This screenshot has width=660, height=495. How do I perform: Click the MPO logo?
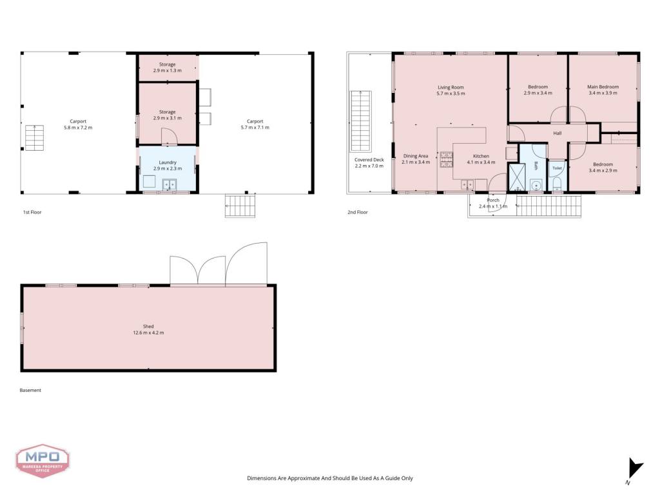coord(43,461)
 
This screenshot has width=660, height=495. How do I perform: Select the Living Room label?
coord(451,88)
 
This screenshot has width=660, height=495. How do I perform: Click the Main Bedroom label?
coord(603,87)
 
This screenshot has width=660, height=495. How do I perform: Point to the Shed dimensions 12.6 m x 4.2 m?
coord(148,333)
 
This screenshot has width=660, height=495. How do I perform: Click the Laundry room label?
coord(168,162)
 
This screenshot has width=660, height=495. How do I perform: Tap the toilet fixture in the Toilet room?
coord(557,183)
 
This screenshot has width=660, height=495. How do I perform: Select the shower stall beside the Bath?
coord(516,177)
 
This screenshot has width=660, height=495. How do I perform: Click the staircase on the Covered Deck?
coord(361,121)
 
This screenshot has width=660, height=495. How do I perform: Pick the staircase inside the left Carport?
coord(34,138)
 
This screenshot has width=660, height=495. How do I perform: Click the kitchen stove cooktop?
coord(446,160)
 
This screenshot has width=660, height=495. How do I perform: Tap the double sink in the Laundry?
coord(170,184)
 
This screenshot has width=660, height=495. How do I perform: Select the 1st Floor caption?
coord(32,212)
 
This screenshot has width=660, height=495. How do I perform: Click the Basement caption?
coord(30,390)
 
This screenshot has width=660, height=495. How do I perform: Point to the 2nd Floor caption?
coord(357,212)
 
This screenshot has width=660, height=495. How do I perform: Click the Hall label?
coord(558,133)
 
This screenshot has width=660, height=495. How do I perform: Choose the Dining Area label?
coord(416,156)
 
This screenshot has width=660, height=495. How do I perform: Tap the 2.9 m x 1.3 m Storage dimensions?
coord(168,70)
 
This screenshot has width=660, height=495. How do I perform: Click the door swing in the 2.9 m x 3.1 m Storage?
coord(170,137)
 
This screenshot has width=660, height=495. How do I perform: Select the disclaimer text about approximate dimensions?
coord(329,478)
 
